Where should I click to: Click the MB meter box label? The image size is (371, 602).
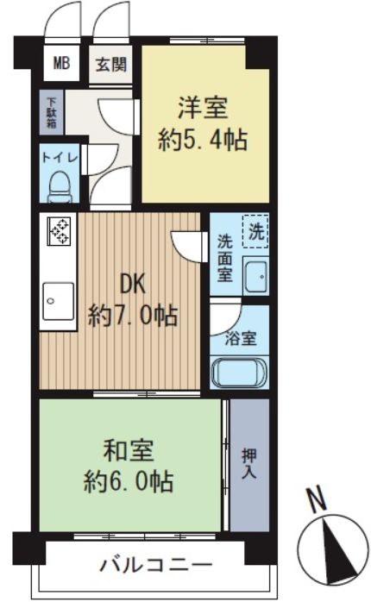coord(61,63)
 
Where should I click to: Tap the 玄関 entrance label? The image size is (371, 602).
coord(111,64)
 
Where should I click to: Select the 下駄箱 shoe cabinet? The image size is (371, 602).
coord(52,112)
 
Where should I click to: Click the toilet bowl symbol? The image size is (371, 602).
coord(60,186)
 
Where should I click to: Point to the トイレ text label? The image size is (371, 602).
coord(60,158)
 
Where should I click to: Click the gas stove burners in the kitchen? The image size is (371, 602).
coord(60,231)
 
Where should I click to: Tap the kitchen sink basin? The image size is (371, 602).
coord(59,301)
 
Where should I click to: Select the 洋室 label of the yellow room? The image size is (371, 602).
coord(203,109)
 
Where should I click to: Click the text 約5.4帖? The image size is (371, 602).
coord(203,140)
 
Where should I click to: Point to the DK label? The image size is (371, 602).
coord(133,285)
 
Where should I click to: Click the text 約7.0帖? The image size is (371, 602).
coord(133,316)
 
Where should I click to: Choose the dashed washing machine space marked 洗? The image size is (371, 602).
coord(255,231)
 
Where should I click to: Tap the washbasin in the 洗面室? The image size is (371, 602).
coord(256,277)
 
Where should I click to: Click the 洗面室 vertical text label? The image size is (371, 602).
coord(224,259)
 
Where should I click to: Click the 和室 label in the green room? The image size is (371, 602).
coord(129,450)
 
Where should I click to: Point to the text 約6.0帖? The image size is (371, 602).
coord(129,481)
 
